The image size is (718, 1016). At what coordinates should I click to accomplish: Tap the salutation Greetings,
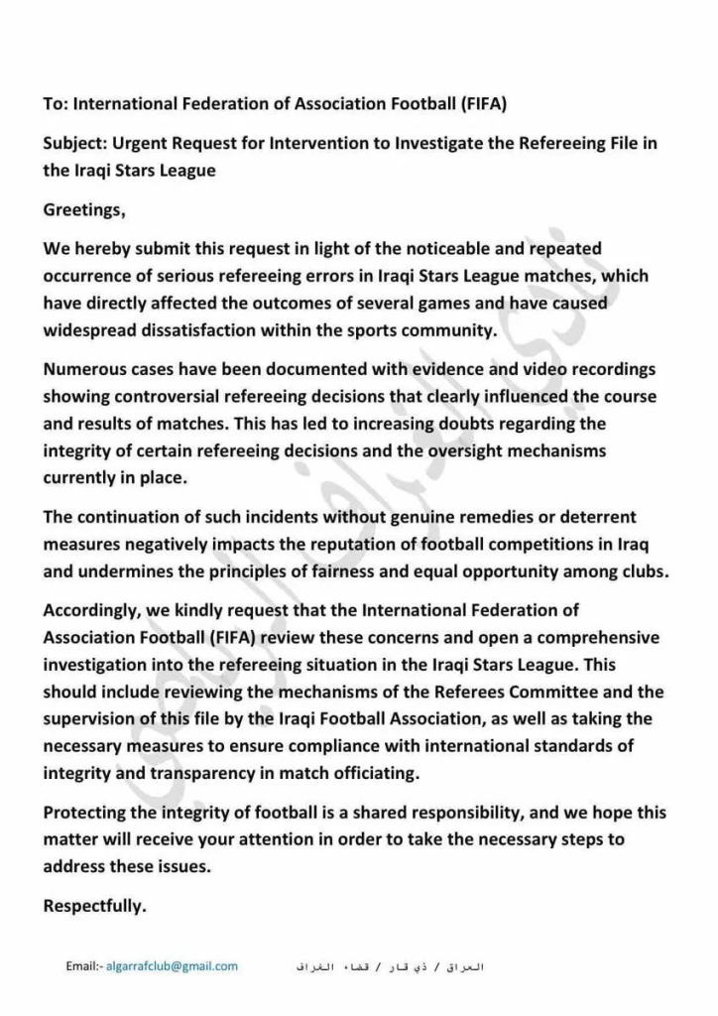(x=85, y=210)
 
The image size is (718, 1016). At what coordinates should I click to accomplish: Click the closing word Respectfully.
(x=95, y=905)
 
